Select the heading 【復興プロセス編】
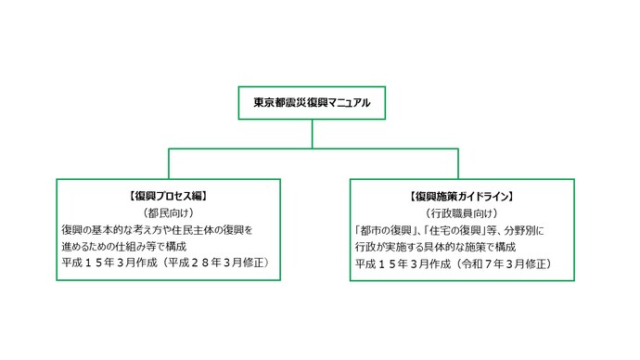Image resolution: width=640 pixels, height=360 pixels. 168,196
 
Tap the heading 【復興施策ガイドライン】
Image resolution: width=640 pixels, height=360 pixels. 461,197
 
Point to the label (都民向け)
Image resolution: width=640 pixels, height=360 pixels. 168,212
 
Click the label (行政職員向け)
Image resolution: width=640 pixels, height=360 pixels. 461,213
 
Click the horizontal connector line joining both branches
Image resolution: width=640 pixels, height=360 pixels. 312,148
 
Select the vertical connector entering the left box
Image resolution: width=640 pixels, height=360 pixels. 168,163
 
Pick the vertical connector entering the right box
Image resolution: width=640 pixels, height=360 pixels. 461,163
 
